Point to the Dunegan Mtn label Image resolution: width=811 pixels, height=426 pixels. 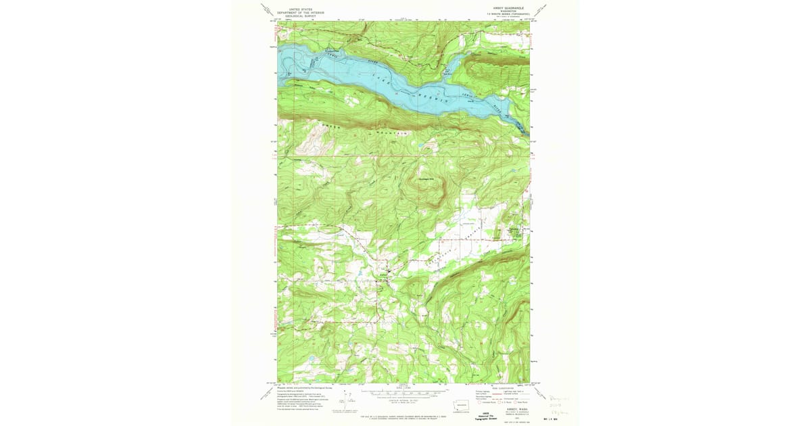(x=424, y=170)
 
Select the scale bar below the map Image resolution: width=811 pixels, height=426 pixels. (x=403, y=390)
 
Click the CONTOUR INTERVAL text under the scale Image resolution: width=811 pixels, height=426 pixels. (x=403, y=398)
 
